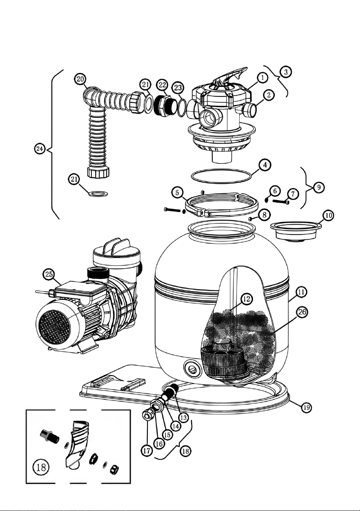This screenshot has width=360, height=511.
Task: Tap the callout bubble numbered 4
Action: click(265, 165)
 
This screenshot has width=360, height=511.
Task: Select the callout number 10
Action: click(328, 215)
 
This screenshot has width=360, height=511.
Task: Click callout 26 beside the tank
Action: click(302, 312)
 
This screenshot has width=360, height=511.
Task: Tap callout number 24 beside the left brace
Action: click(40, 149)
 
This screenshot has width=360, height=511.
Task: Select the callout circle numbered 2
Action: click(269, 95)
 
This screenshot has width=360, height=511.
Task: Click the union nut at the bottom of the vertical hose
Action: click(98, 173)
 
